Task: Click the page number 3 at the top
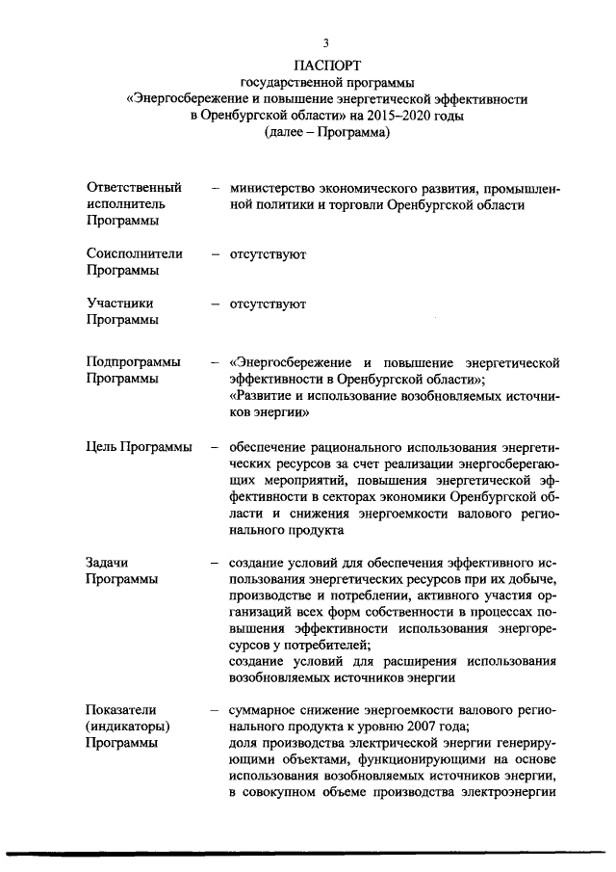click(326, 43)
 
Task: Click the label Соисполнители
click(134, 254)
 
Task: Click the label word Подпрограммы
click(133, 362)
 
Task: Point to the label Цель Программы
click(139, 447)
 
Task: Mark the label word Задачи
click(107, 561)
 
